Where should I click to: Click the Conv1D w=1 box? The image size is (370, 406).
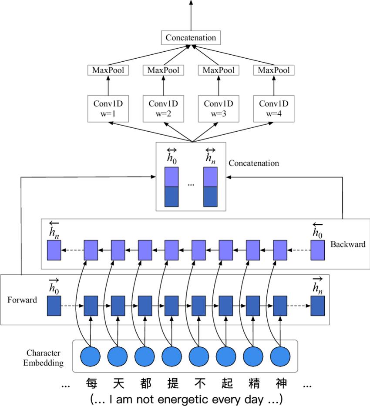click(108, 109)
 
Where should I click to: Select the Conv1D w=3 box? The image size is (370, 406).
click(218, 109)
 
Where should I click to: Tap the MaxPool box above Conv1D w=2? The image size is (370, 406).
click(163, 70)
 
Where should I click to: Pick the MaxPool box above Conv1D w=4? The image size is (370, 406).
click(274, 70)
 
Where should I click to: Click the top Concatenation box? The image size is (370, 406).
click(191, 38)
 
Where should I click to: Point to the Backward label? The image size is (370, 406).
click(348, 244)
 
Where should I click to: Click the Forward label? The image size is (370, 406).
click(22, 300)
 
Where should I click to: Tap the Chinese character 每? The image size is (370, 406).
click(91, 384)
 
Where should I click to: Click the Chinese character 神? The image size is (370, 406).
click(281, 384)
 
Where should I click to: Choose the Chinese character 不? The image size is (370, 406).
click(199, 384)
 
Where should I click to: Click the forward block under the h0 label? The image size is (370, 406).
click(54, 306)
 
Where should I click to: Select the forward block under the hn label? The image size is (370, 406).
click(318, 306)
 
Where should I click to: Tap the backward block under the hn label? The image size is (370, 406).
click(54, 250)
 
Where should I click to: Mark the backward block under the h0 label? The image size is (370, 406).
click(318, 250)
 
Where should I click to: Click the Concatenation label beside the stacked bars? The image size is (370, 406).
click(254, 163)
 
